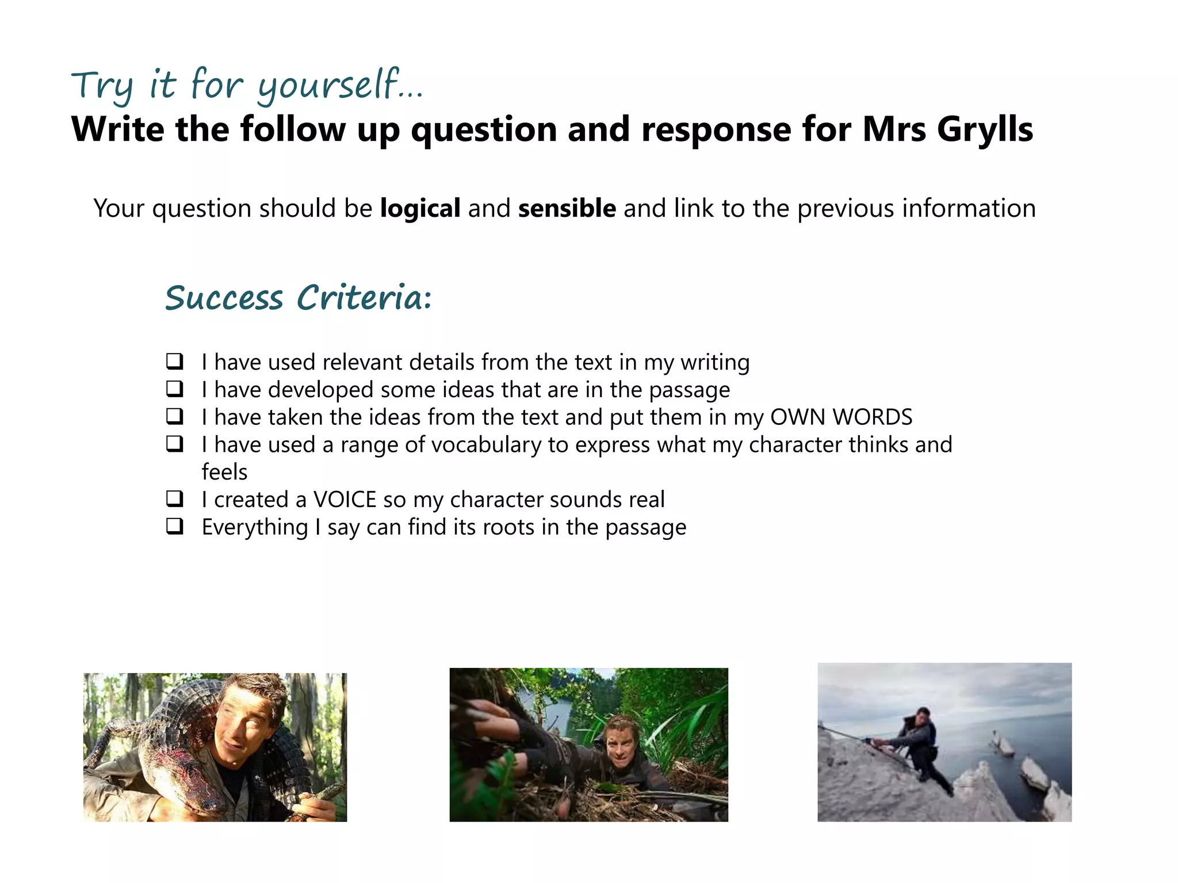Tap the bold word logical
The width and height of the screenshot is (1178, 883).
click(420, 209)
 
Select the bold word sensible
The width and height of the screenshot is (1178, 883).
click(567, 209)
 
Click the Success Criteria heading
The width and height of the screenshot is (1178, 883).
click(298, 298)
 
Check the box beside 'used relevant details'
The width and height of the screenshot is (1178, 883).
click(175, 362)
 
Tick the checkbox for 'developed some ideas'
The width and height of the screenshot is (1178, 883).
click(175, 389)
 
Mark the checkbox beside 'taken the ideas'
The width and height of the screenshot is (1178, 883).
click(175, 416)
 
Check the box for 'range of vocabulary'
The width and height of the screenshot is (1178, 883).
click(175, 444)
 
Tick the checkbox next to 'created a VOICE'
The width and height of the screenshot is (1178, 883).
click(175, 499)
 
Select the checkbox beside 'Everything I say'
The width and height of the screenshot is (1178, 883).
click(175, 526)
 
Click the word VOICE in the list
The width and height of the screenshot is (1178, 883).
click(344, 500)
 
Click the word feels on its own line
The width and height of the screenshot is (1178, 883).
click(224, 473)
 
